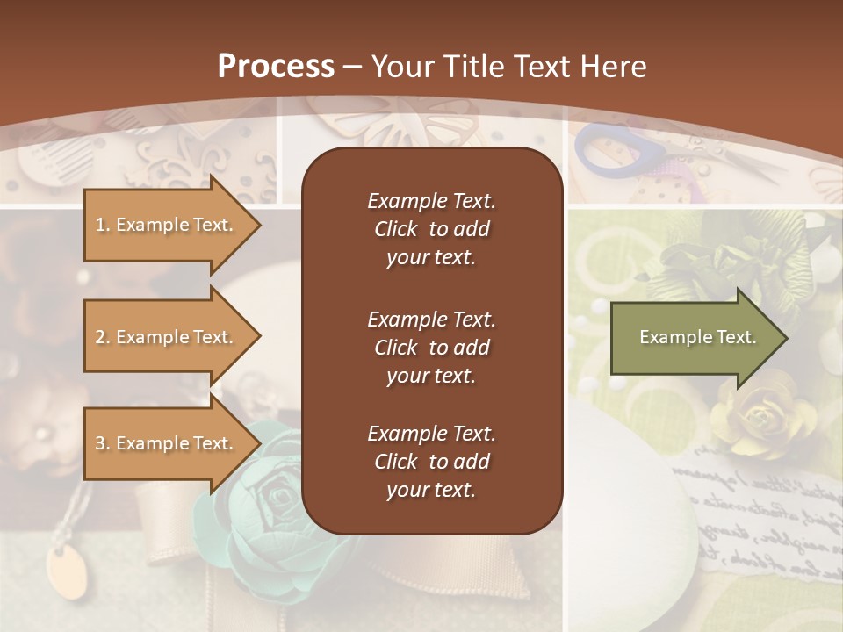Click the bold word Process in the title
(x=276, y=67)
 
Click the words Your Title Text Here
(x=508, y=67)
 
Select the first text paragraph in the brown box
(x=431, y=229)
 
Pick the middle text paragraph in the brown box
(x=431, y=348)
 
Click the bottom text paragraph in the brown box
(x=431, y=462)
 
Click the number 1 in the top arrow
(x=99, y=225)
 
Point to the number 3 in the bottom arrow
(x=100, y=443)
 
